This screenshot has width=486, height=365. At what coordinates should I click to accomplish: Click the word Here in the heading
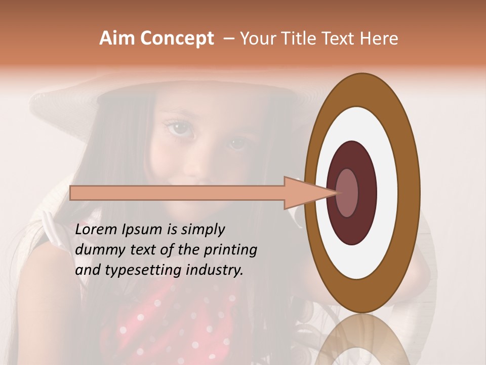click(x=378, y=39)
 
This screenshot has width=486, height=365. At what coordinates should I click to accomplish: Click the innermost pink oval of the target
click(x=347, y=193)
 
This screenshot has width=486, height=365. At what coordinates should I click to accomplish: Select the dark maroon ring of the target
click(x=367, y=193)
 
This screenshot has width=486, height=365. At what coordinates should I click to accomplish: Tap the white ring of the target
click(x=388, y=193)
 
